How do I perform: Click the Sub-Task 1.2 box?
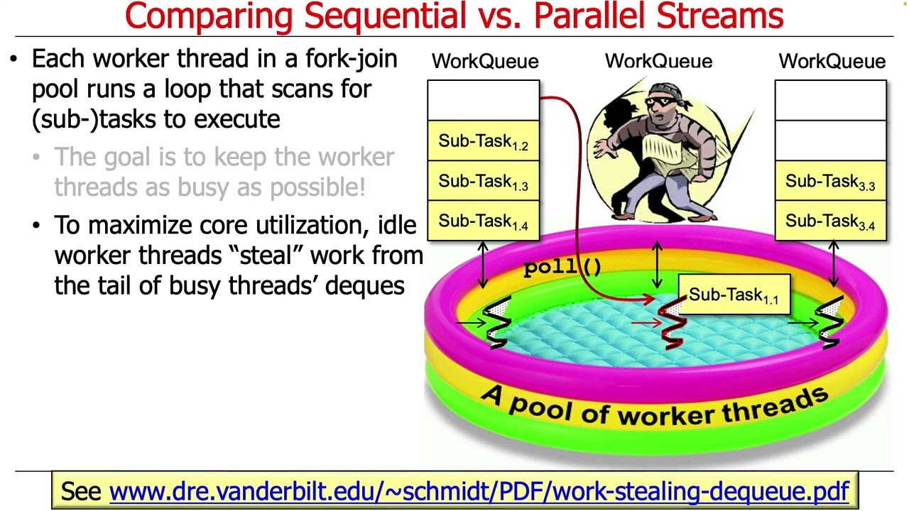(x=483, y=141)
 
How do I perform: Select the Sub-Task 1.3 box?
(x=483, y=182)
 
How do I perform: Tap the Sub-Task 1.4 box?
(x=483, y=221)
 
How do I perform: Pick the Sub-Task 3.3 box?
(x=830, y=182)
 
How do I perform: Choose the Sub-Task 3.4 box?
(x=830, y=221)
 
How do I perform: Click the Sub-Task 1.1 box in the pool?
(x=734, y=295)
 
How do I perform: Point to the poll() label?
(x=562, y=267)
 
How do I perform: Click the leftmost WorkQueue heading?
(x=485, y=62)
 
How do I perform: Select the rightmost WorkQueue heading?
(x=832, y=62)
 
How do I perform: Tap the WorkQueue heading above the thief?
(x=658, y=62)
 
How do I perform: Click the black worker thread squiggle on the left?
(x=496, y=323)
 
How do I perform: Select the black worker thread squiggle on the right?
(x=829, y=323)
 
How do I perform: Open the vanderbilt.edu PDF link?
(x=479, y=491)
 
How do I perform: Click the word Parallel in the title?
(x=589, y=16)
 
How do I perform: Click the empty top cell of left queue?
(x=483, y=101)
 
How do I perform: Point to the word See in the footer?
(x=81, y=491)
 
